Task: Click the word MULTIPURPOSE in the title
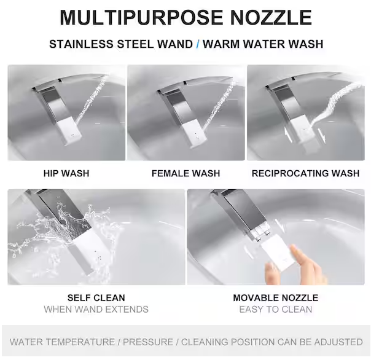141,18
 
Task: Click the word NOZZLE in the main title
271,18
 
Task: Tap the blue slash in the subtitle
198,44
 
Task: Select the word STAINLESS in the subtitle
82,44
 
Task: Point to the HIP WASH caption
66,173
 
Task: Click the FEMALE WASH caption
185,173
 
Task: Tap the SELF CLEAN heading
96,298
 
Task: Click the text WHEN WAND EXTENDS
96,310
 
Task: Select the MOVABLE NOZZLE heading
276,298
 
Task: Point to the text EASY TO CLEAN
276,310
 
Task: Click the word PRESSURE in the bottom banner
148,342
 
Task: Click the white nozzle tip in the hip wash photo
69,131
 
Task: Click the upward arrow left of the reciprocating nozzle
288,135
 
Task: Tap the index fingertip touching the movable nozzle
295,249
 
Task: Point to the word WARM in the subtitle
222,44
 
